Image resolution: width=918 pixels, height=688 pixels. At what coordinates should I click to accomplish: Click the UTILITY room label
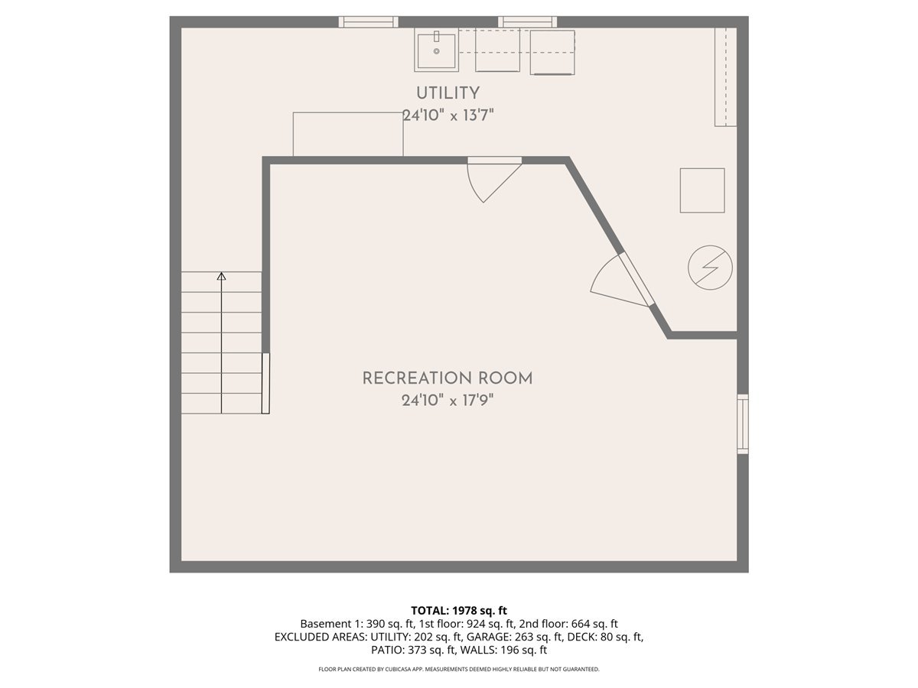point(448,93)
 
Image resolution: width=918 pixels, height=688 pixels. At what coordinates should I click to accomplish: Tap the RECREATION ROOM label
point(448,378)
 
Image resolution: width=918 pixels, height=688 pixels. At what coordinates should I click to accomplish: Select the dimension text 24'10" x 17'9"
point(448,401)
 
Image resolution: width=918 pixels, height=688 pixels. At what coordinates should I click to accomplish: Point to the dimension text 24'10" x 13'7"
point(448,115)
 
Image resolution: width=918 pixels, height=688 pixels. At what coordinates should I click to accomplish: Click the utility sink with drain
point(437,50)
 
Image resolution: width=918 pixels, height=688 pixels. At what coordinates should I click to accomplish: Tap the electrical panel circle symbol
point(710,268)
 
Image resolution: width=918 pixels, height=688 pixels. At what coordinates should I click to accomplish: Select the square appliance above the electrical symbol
point(702,190)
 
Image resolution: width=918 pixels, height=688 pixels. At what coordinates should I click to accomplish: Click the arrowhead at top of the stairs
point(222,277)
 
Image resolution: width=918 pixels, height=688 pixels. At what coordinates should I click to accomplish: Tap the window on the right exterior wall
point(742,424)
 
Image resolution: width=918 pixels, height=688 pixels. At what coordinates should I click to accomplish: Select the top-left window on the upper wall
point(369,22)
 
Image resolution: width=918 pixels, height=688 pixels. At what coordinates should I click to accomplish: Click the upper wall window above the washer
point(527,22)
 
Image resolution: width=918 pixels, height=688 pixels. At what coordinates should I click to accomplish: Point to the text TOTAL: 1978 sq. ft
point(459,610)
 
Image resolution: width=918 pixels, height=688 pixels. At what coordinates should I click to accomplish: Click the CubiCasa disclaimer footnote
point(459,670)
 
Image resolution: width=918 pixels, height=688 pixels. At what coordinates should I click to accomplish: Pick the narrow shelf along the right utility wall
point(725,76)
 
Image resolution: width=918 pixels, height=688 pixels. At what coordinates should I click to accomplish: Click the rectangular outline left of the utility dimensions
point(348,135)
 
